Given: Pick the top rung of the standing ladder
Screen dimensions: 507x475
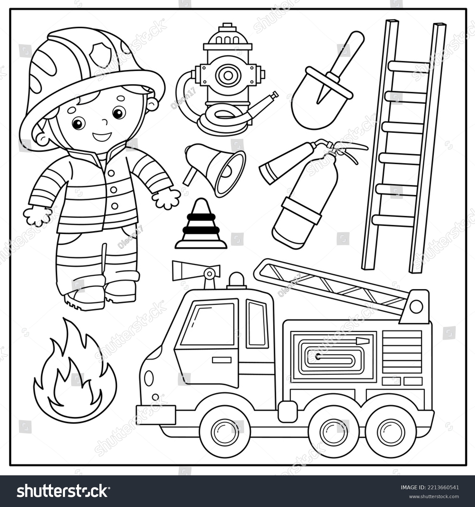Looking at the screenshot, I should [408, 66].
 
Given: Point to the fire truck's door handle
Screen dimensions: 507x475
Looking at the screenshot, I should [222, 360].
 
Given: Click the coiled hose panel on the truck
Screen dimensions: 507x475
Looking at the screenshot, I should [333, 355].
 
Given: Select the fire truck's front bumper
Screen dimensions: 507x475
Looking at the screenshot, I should [155, 414].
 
